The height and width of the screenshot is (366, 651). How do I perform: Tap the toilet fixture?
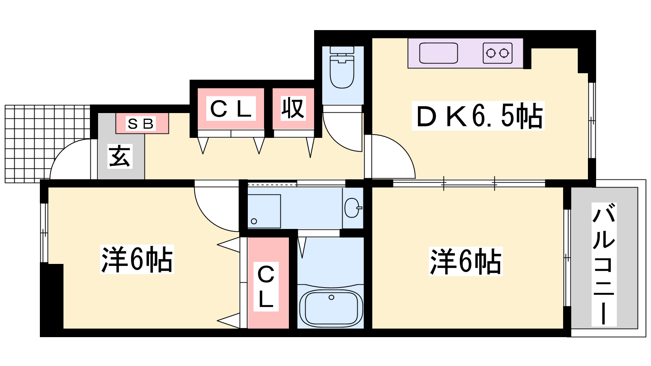click(x=342, y=68)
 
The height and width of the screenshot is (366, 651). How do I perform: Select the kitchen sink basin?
click(x=439, y=53)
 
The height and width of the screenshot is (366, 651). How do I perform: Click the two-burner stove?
click(x=498, y=53)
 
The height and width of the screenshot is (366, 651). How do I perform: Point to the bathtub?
click(x=331, y=308)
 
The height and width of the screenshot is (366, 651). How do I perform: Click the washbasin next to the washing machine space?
click(x=352, y=208)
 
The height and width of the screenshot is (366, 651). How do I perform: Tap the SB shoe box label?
click(x=141, y=124)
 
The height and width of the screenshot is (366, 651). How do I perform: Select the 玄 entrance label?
click(x=120, y=156)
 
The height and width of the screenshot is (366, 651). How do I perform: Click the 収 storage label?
click(x=293, y=108)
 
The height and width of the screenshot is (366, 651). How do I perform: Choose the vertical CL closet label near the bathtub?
click(x=266, y=286)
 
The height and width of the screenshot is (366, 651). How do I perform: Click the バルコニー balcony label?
click(x=604, y=264)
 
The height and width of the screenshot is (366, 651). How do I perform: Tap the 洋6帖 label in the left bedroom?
click(x=137, y=260)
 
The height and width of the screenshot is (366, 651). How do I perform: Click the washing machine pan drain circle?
click(x=254, y=221)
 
